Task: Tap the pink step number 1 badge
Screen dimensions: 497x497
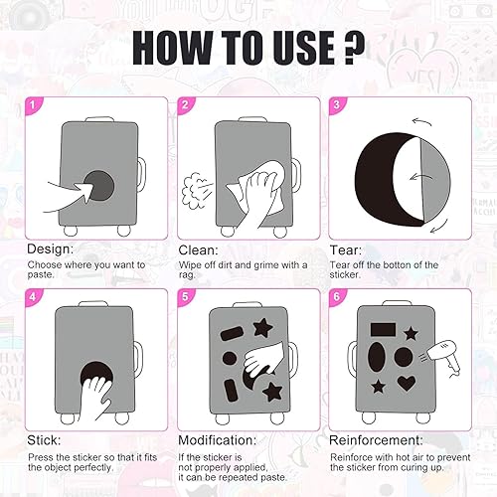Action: [x=33, y=105]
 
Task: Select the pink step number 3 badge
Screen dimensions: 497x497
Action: [x=336, y=105]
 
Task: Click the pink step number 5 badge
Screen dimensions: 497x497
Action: [x=185, y=296]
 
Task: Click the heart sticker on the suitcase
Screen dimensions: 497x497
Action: [x=407, y=384]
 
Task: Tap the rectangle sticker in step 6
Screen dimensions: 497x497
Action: [x=383, y=330]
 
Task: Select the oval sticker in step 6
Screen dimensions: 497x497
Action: [x=377, y=357]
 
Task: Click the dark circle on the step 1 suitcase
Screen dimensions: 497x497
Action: [x=98, y=186]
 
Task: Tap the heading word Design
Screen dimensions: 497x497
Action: [x=51, y=249]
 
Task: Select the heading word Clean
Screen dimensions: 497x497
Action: [x=199, y=250]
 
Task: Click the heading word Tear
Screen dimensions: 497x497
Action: [x=346, y=250]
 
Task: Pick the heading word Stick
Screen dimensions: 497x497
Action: [x=44, y=440]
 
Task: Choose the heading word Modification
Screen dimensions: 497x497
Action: [x=218, y=440]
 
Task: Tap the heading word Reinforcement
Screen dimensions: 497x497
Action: [x=377, y=440]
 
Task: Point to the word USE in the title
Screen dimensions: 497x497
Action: [x=304, y=48]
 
